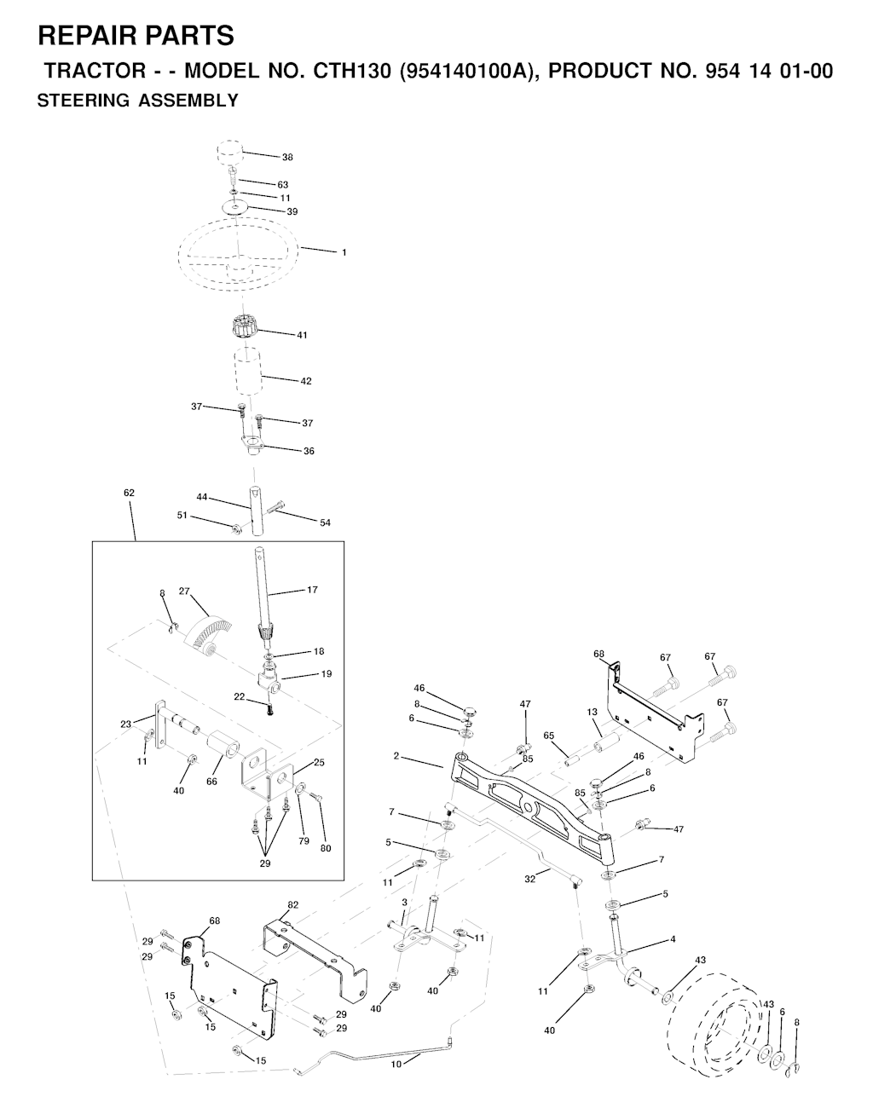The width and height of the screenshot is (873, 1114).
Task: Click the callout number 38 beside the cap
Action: tap(287, 158)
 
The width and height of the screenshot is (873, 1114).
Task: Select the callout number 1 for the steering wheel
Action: tap(344, 252)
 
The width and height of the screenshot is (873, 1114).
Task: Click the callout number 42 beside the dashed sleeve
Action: tap(305, 381)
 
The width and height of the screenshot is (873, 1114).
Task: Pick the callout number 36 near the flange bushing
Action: tap(309, 451)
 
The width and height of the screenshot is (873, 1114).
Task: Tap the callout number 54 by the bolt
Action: tap(325, 522)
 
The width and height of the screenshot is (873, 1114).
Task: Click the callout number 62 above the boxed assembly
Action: tap(129, 493)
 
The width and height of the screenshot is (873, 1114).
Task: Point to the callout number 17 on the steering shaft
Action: tap(312, 590)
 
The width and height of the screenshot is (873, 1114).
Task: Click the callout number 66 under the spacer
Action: tap(211, 782)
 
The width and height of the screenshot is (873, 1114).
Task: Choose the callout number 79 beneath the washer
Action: tap(304, 840)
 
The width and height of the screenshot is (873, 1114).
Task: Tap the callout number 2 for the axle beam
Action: tap(396, 756)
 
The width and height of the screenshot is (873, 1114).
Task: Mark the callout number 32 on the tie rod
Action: tap(529, 879)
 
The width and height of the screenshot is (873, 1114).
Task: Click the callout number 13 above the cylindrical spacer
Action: tap(592, 712)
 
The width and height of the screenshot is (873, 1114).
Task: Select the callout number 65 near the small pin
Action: tap(548, 736)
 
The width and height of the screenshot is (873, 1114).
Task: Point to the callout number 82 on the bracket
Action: tap(292, 905)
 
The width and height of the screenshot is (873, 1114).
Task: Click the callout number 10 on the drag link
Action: tap(396, 1064)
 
